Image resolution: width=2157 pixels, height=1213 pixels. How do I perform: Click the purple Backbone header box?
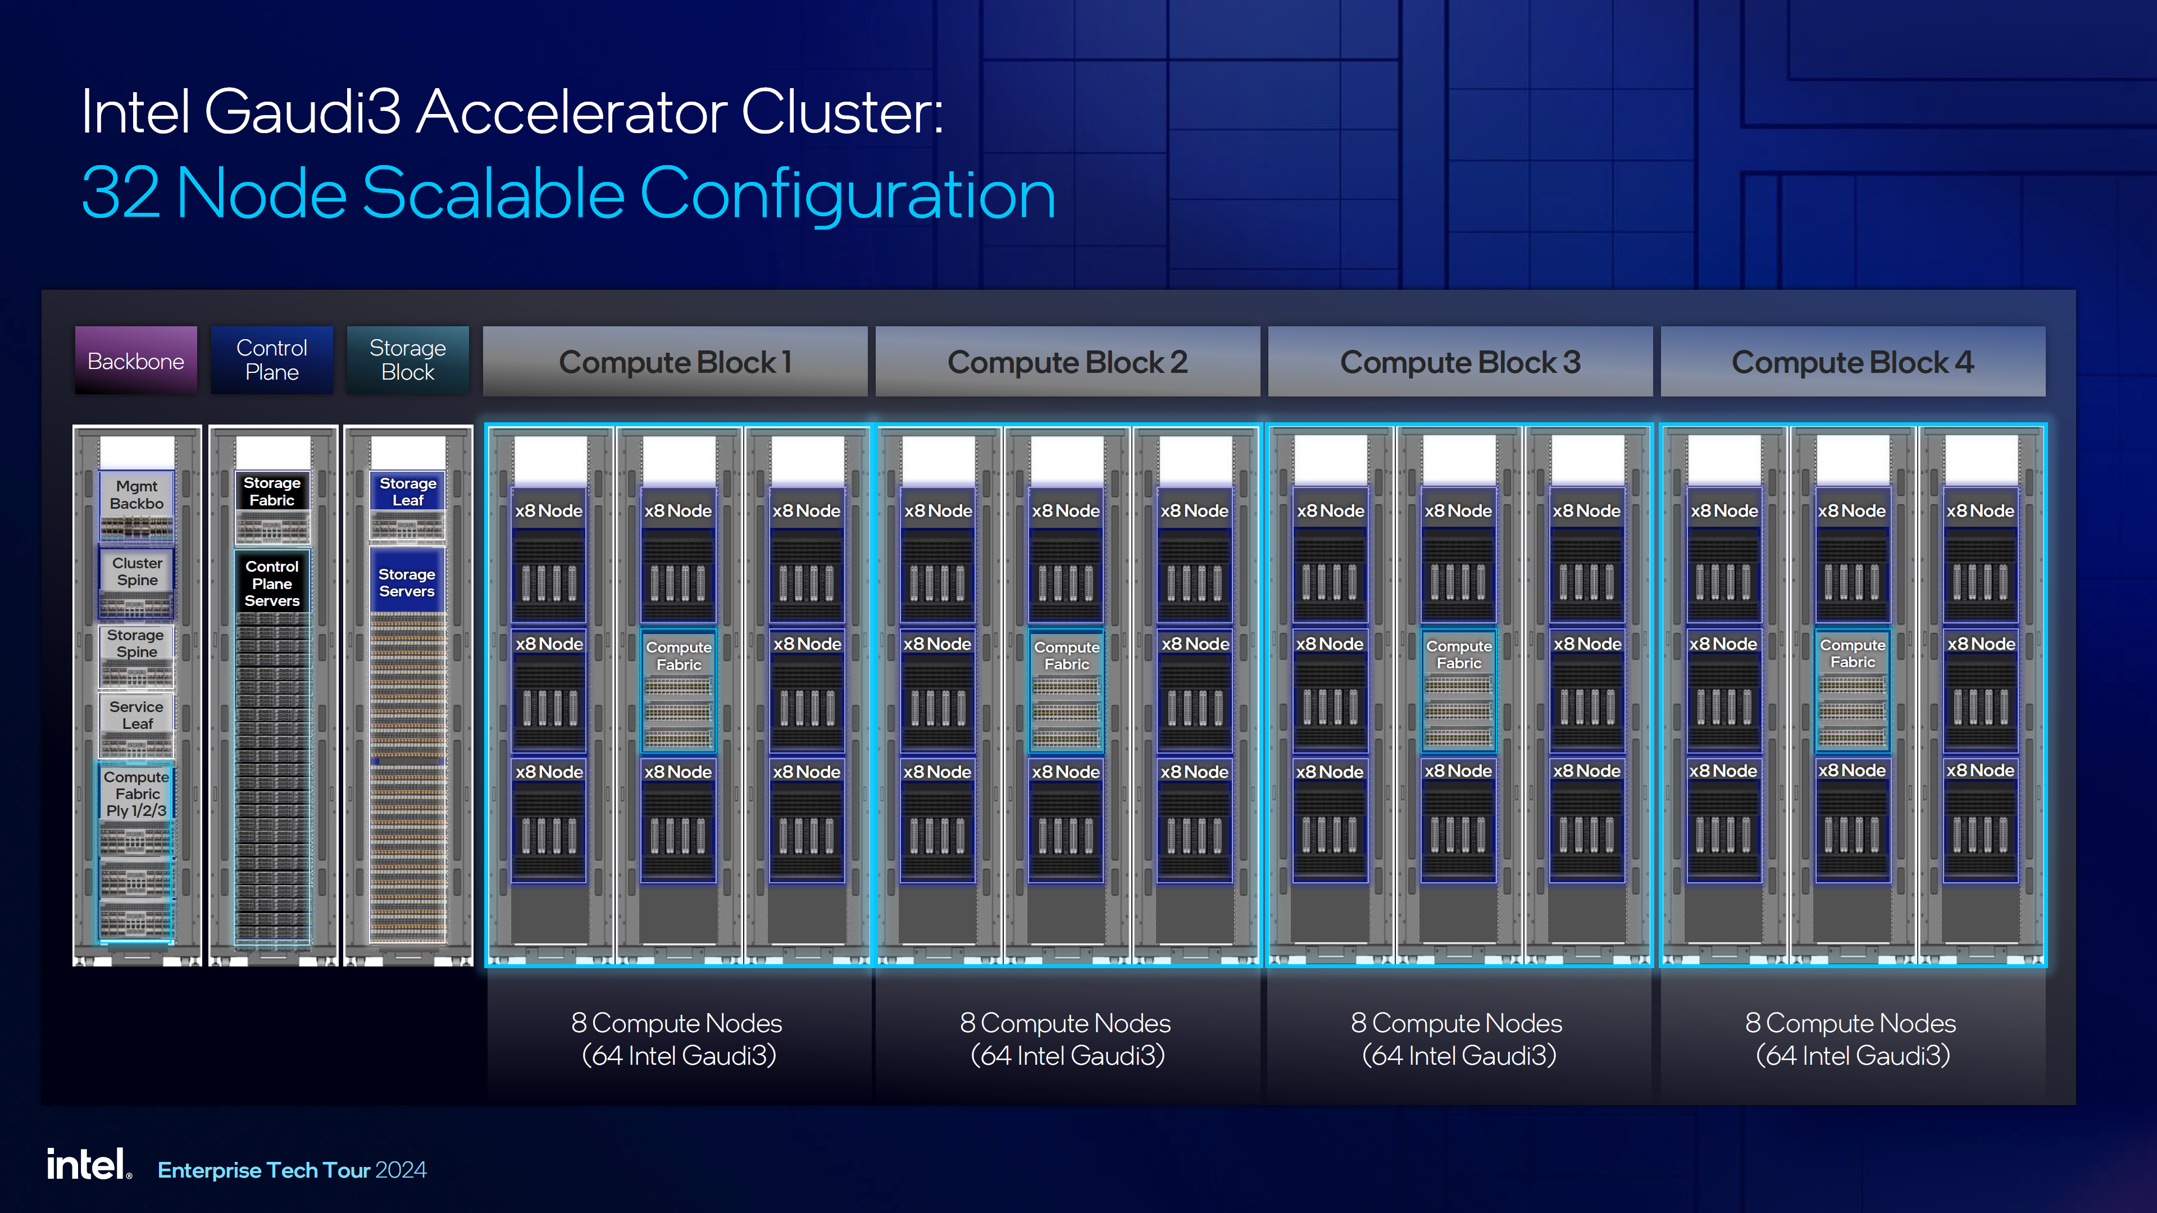(x=135, y=361)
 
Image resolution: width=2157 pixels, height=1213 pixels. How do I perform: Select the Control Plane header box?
(x=271, y=360)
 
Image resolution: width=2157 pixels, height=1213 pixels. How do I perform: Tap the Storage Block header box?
(x=408, y=360)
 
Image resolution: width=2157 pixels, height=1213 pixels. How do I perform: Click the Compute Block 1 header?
(x=675, y=362)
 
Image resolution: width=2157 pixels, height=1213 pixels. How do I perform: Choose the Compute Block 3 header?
(x=1459, y=362)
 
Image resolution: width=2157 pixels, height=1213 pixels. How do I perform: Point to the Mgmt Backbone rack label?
(x=136, y=495)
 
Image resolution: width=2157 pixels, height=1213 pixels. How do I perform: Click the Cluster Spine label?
(x=137, y=572)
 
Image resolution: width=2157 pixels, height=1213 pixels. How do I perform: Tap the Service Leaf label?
(x=136, y=715)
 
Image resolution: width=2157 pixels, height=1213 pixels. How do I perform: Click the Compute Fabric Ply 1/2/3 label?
(x=136, y=794)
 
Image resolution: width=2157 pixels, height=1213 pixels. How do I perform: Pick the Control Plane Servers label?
(x=272, y=583)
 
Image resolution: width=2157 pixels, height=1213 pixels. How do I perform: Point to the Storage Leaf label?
(x=408, y=491)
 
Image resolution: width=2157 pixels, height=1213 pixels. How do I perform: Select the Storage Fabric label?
(x=272, y=491)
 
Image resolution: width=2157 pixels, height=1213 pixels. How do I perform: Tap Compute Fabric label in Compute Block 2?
(x=1066, y=655)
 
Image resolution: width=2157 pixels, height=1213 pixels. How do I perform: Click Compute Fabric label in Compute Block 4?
(x=1852, y=654)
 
